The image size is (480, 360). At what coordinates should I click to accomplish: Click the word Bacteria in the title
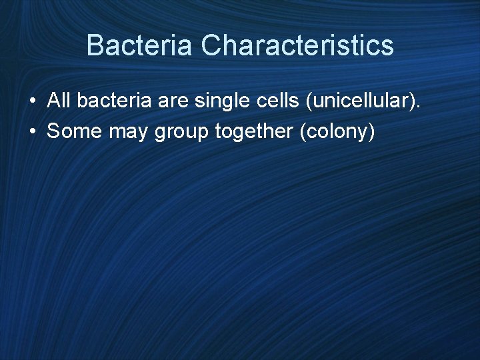pyautogui.click(x=140, y=46)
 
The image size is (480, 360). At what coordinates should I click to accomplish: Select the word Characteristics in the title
pyautogui.click(x=297, y=46)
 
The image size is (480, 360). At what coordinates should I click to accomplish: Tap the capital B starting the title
pyautogui.click(x=95, y=46)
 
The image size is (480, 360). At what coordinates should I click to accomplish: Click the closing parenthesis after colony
pyautogui.click(x=372, y=132)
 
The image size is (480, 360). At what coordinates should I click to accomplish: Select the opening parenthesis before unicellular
pyautogui.click(x=306, y=102)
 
